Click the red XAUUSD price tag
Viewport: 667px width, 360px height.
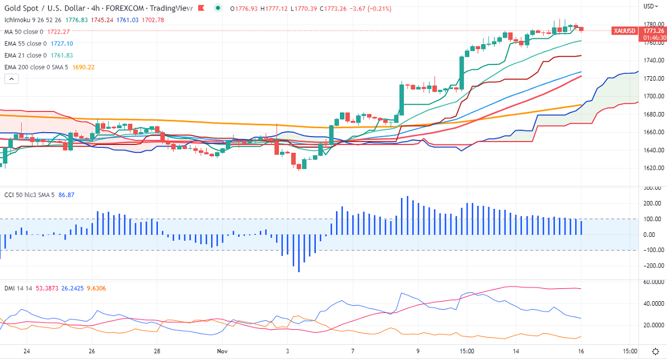pyautogui.click(x=624, y=30)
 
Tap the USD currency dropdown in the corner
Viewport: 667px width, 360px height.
pyautogui.click(x=650, y=6)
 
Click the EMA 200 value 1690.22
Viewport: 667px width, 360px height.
pyautogui.click(x=84, y=67)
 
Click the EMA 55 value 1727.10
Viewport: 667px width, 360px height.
pyautogui.click(x=62, y=44)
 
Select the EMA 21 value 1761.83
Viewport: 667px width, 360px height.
pyautogui.click(x=62, y=55)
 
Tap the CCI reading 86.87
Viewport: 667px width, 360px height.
pyautogui.click(x=66, y=195)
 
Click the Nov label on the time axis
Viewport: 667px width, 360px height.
pyautogui.click(x=222, y=351)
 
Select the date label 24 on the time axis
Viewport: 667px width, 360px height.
pyautogui.click(x=26, y=351)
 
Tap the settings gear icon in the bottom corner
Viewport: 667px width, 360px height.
pyautogui.click(x=656, y=351)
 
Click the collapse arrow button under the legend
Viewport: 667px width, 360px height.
pyautogui.click(x=11, y=80)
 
